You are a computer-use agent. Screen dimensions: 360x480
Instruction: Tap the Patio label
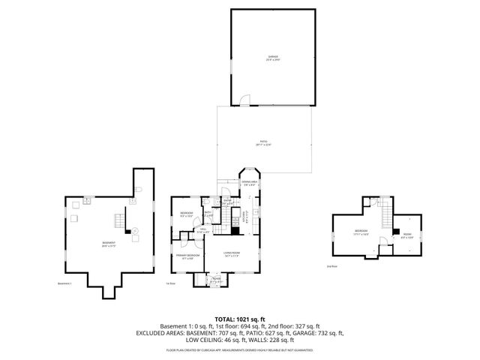pos(264,142)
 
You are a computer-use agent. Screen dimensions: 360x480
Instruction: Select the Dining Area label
pos(249,182)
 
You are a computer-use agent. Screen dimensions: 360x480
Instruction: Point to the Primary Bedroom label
pos(187,257)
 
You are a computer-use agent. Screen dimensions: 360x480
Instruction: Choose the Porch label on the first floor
pos(216,280)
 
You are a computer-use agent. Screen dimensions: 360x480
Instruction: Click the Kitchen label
pos(245,218)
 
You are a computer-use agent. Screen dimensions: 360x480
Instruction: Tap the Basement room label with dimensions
pos(109,243)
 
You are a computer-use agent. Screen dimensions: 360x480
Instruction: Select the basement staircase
pos(118,221)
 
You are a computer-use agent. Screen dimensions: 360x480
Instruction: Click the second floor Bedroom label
pos(361,232)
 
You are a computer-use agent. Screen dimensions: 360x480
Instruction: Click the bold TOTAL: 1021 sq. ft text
pos(239,319)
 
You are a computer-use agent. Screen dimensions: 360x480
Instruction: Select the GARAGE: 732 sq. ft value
pos(322,333)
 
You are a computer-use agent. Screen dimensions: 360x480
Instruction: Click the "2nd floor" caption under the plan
pos(332,266)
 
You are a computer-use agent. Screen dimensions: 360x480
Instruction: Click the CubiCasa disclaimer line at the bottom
pos(239,349)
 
